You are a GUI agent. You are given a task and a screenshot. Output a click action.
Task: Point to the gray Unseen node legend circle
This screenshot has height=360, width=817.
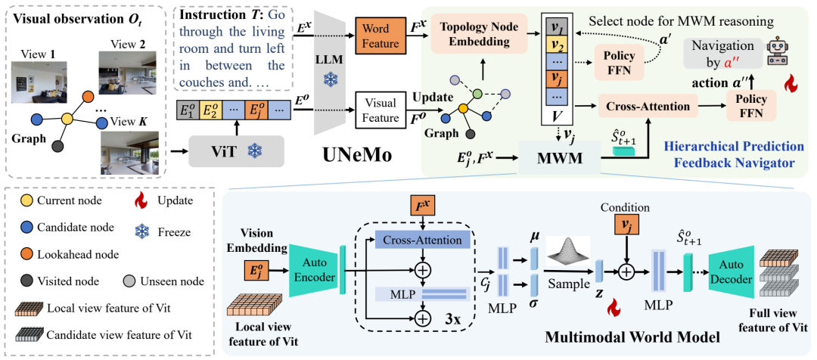[130, 281]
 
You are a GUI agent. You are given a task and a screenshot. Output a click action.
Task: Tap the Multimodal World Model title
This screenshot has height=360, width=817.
[632, 337]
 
